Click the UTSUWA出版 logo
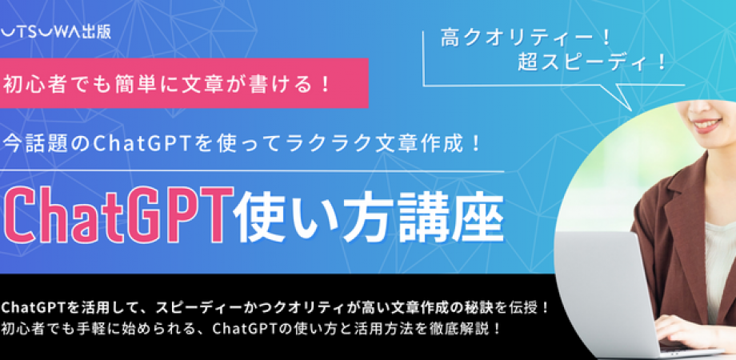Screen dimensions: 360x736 (66, 35)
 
